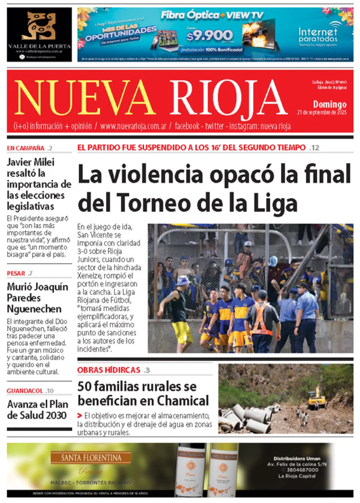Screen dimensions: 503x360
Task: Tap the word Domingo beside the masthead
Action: [x=330, y=104]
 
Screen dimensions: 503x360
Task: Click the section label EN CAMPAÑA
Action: [x=26, y=148]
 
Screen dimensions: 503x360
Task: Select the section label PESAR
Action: [x=16, y=273]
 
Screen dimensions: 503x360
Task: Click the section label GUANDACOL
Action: [x=26, y=391]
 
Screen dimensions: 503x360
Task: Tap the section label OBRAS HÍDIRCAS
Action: [x=109, y=370]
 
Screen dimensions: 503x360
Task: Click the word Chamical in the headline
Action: [x=183, y=400]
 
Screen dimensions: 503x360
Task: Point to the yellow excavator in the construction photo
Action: [x=316, y=398]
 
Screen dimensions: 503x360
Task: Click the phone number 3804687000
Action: [x=297, y=470]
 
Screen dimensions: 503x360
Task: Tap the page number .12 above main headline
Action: [x=314, y=148]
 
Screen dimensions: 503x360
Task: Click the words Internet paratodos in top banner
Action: [x=318, y=35]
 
